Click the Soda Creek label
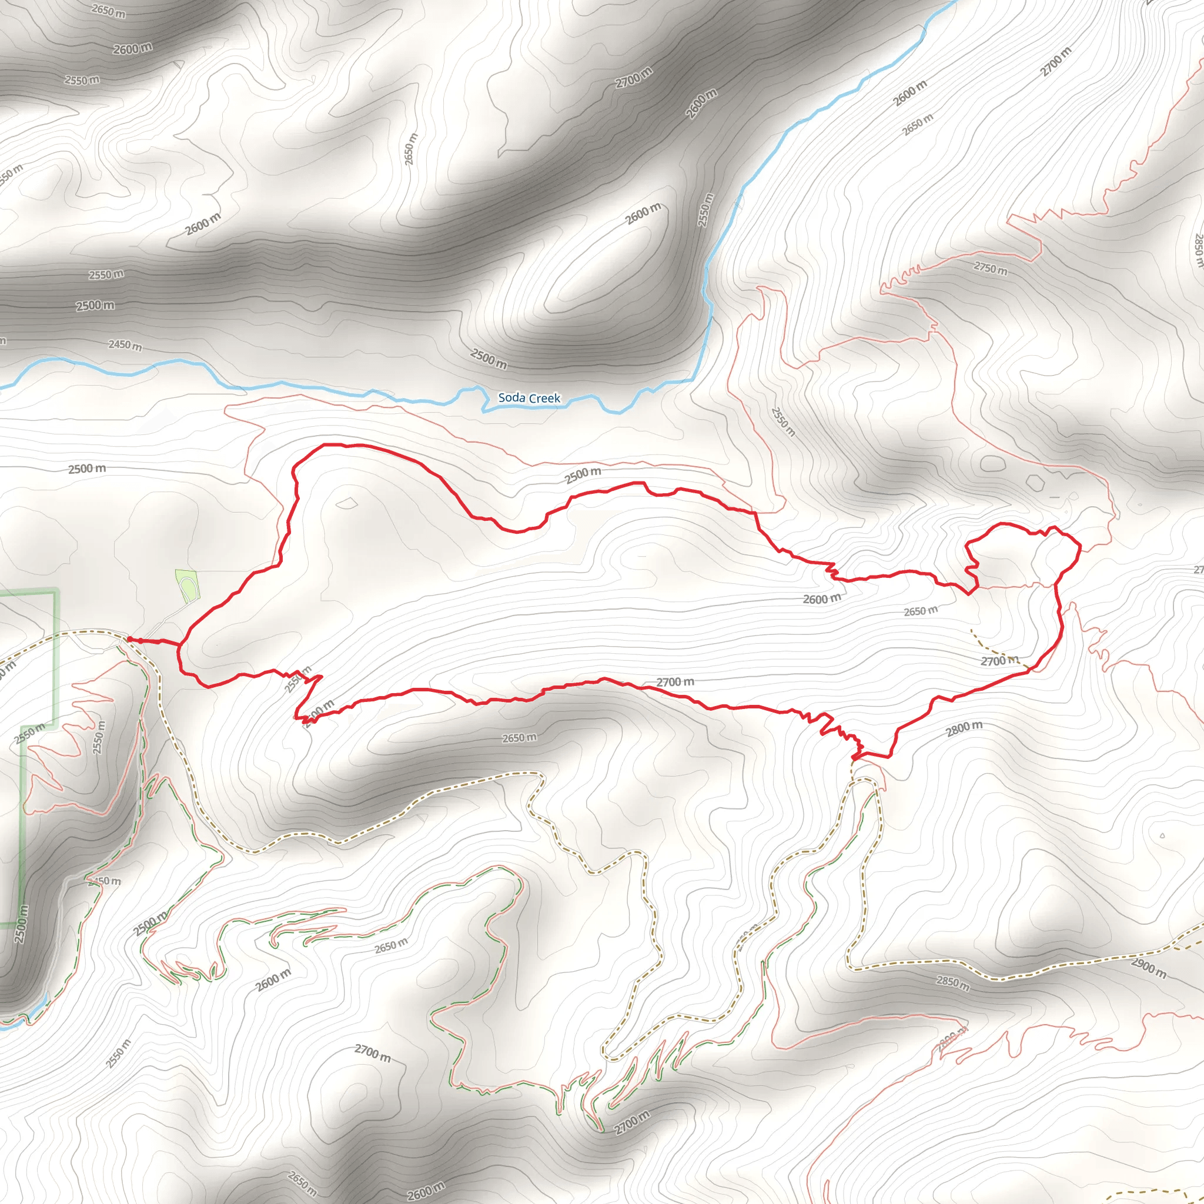[x=529, y=397]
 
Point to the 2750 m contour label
[x=990, y=269]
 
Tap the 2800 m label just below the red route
[x=964, y=728]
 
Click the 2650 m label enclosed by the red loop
[x=921, y=611]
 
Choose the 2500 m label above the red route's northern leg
[x=583, y=475]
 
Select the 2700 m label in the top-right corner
[x=1056, y=62]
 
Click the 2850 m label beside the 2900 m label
[x=953, y=983]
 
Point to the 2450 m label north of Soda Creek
[x=125, y=344]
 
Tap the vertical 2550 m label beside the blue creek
[x=705, y=209]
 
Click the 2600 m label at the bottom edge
[x=426, y=1192]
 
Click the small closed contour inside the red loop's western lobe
[x=346, y=502]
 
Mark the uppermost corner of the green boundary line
[x=56, y=592]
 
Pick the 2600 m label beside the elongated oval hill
[x=643, y=214]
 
